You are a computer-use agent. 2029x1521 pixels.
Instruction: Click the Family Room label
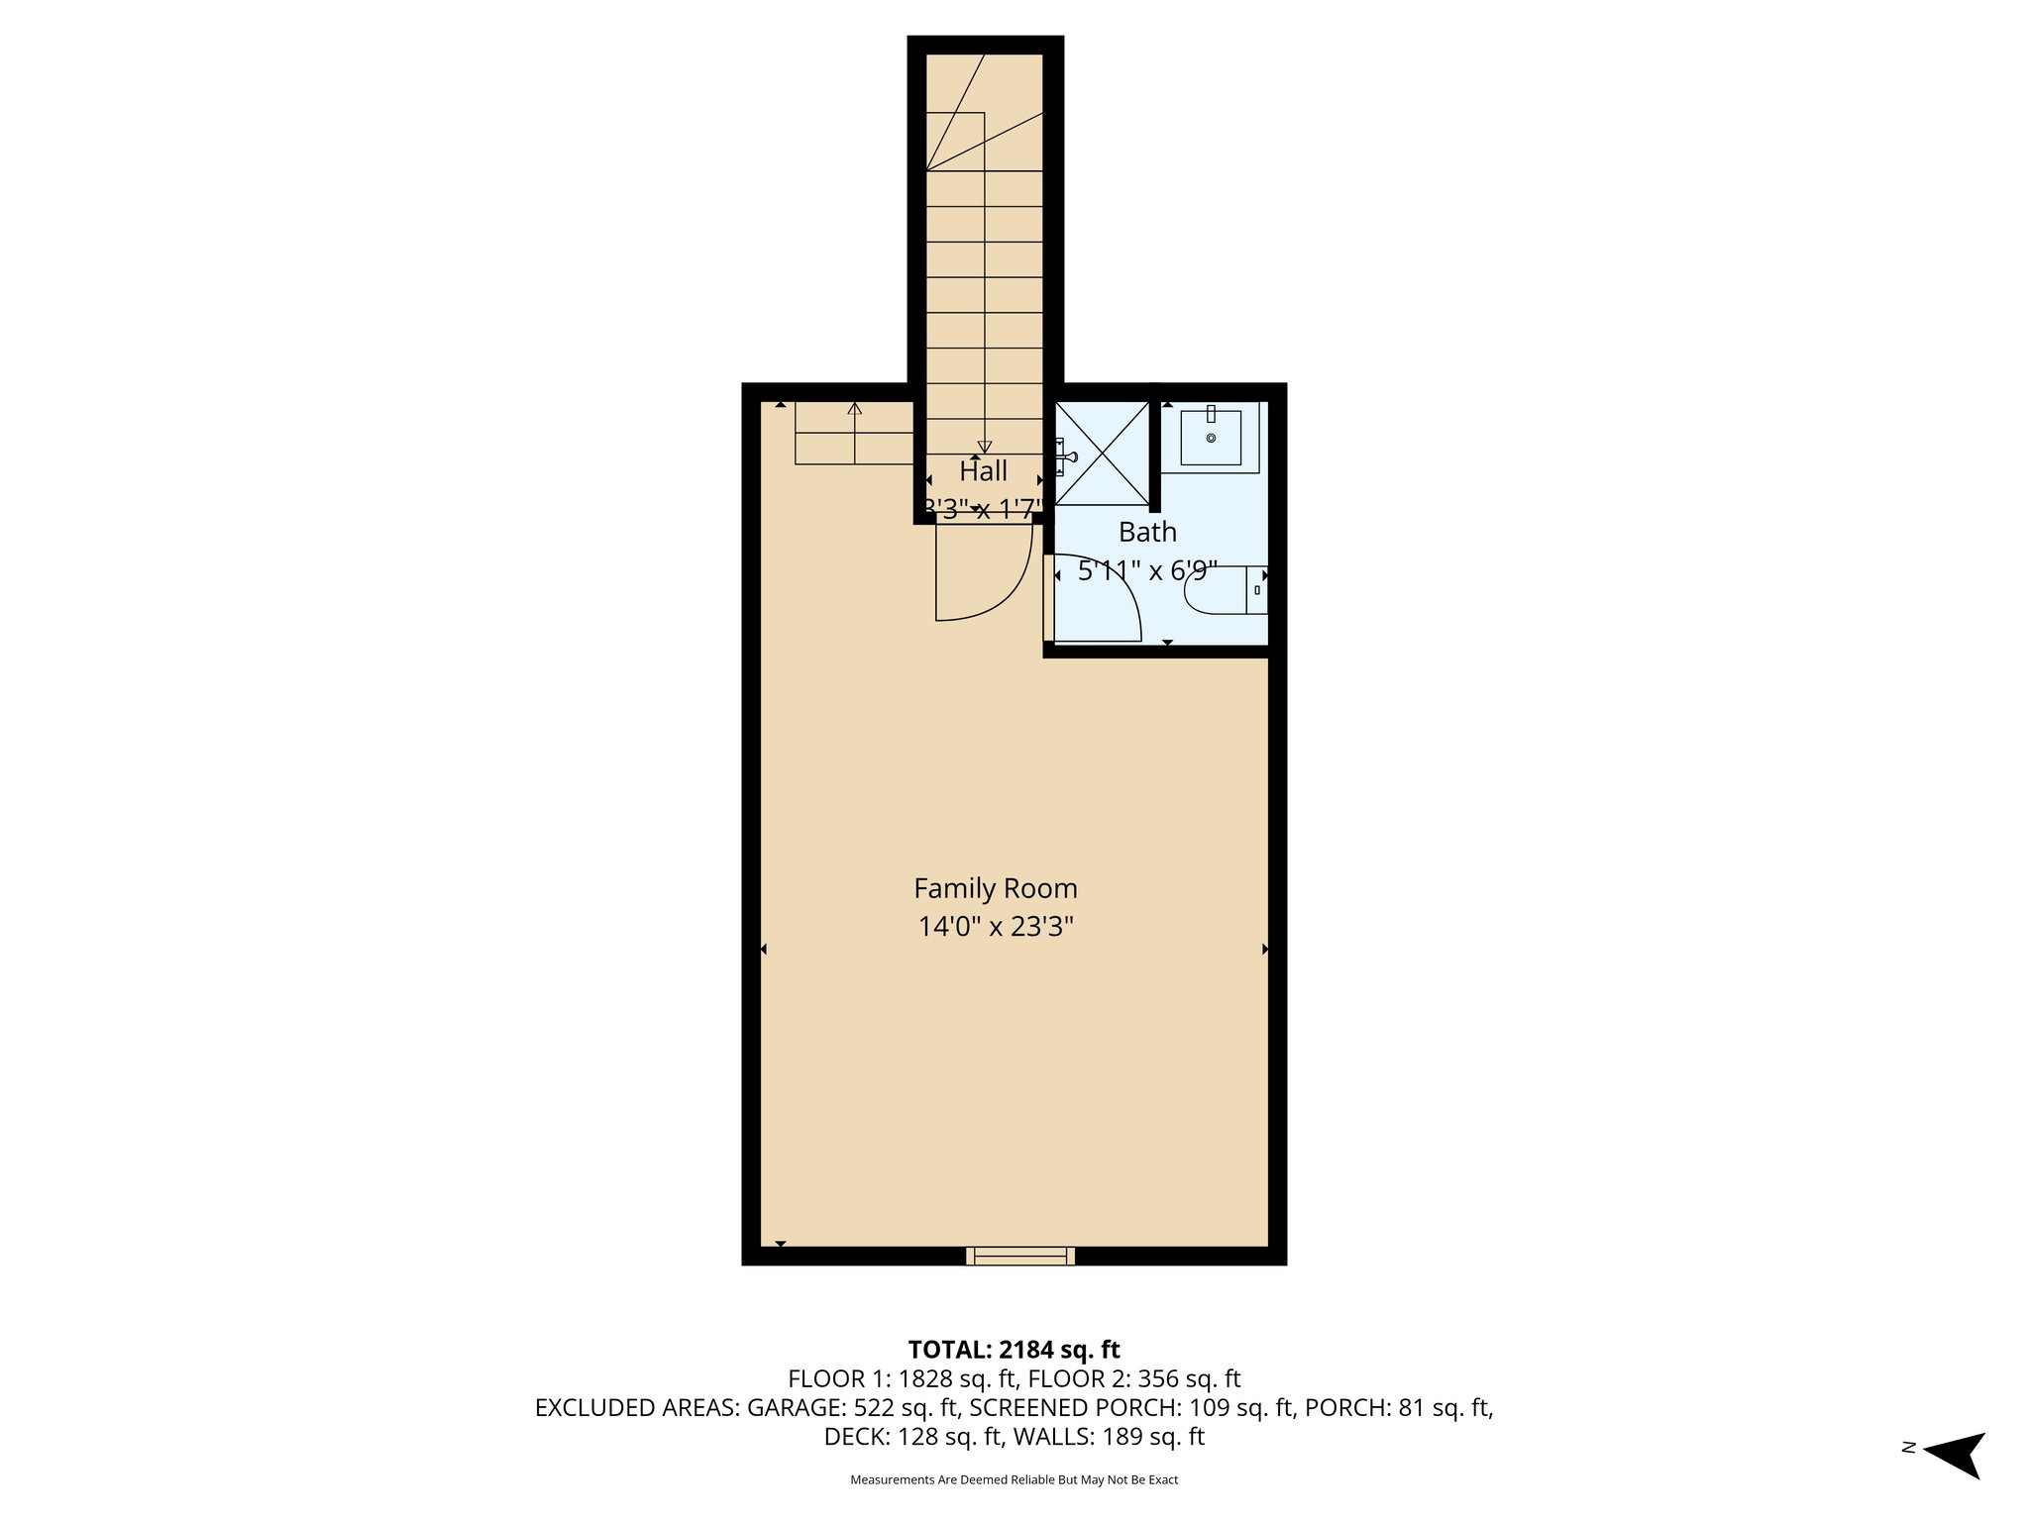tap(995, 888)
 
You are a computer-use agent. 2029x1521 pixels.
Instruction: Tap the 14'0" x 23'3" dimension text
tap(995, 927)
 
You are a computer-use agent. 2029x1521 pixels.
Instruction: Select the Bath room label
tap(1147, 533)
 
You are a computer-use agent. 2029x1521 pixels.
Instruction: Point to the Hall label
tap(983, 471)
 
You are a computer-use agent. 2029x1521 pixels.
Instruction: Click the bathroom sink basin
tap(1211, 437)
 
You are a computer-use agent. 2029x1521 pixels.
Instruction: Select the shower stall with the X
tap(1101, 454)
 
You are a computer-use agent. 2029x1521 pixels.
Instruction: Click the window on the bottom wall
tap(1020, 1256)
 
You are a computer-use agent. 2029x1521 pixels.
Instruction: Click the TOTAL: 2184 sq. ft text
tap(1014, 1350)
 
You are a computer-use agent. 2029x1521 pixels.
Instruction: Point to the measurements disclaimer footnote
tap(1014, 1480)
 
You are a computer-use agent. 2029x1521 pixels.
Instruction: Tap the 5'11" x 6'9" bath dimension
tap(1147, 571)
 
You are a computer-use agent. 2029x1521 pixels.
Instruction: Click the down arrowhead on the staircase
tap(984, 447)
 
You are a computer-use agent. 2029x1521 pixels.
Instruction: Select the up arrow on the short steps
tap(855, 408)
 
